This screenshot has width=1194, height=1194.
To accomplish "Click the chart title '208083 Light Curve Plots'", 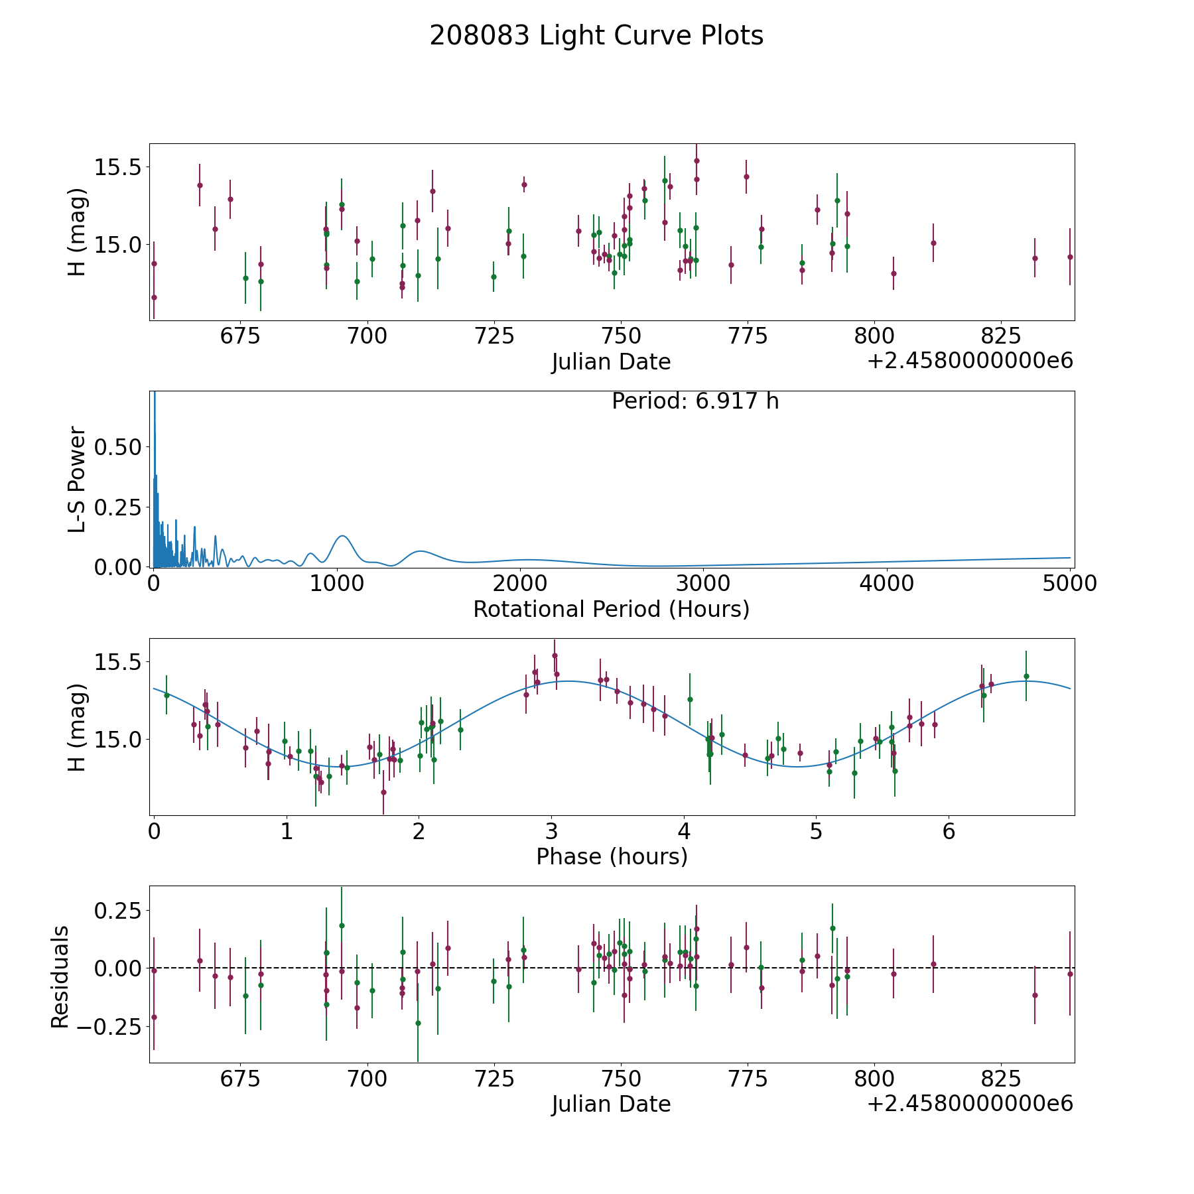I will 596,36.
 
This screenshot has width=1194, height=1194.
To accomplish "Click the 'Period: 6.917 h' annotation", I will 695,401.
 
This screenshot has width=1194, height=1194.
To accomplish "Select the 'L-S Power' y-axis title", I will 77,479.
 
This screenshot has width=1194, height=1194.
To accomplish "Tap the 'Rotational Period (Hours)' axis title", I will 611,609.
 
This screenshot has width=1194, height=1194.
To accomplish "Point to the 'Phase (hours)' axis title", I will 611,856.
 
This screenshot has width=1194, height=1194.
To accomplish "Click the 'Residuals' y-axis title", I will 60,976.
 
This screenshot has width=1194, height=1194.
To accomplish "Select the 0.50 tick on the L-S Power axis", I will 118,447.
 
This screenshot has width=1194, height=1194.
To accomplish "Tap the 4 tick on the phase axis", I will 684,831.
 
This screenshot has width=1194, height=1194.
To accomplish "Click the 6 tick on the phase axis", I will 949,831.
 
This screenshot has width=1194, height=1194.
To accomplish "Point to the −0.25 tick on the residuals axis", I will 109,1027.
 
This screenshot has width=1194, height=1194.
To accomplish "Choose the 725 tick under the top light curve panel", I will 494,336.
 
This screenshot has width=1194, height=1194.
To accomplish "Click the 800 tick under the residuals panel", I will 874,1079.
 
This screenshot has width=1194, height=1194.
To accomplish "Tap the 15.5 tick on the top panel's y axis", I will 118,167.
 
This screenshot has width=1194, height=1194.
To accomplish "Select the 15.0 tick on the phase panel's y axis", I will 118,740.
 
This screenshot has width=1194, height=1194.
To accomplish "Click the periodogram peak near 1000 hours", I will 342,536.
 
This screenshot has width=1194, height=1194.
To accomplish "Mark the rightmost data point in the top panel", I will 1069,257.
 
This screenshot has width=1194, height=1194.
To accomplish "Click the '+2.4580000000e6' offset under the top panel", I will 970,361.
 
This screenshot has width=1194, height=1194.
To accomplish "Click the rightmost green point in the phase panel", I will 1026,676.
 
